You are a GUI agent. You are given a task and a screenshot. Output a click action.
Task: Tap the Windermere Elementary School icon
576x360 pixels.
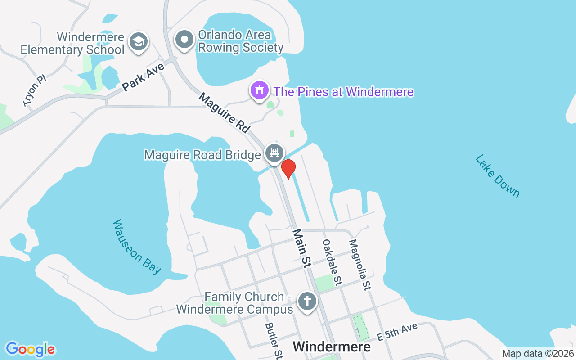click(139, 41)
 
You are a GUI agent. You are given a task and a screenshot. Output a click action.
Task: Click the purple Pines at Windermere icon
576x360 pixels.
click(259, 90)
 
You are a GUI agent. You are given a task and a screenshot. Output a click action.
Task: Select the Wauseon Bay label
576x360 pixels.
click(137, 246)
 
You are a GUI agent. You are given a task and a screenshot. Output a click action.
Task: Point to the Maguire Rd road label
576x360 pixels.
click(224, 112)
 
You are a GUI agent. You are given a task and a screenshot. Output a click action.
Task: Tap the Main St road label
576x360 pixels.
click(301, 248)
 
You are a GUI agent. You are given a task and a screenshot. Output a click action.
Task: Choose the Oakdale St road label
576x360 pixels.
click(331, 261)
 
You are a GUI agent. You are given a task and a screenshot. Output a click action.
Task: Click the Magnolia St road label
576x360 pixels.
click(360, 264)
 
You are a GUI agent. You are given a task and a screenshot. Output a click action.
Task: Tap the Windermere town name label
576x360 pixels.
click(332, 346)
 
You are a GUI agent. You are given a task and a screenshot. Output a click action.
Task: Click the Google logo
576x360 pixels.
click(30, 349)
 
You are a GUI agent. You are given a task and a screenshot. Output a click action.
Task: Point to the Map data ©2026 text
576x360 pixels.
click(538, 354)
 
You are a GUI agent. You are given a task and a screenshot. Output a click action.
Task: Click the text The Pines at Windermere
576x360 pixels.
click(343, 92)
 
